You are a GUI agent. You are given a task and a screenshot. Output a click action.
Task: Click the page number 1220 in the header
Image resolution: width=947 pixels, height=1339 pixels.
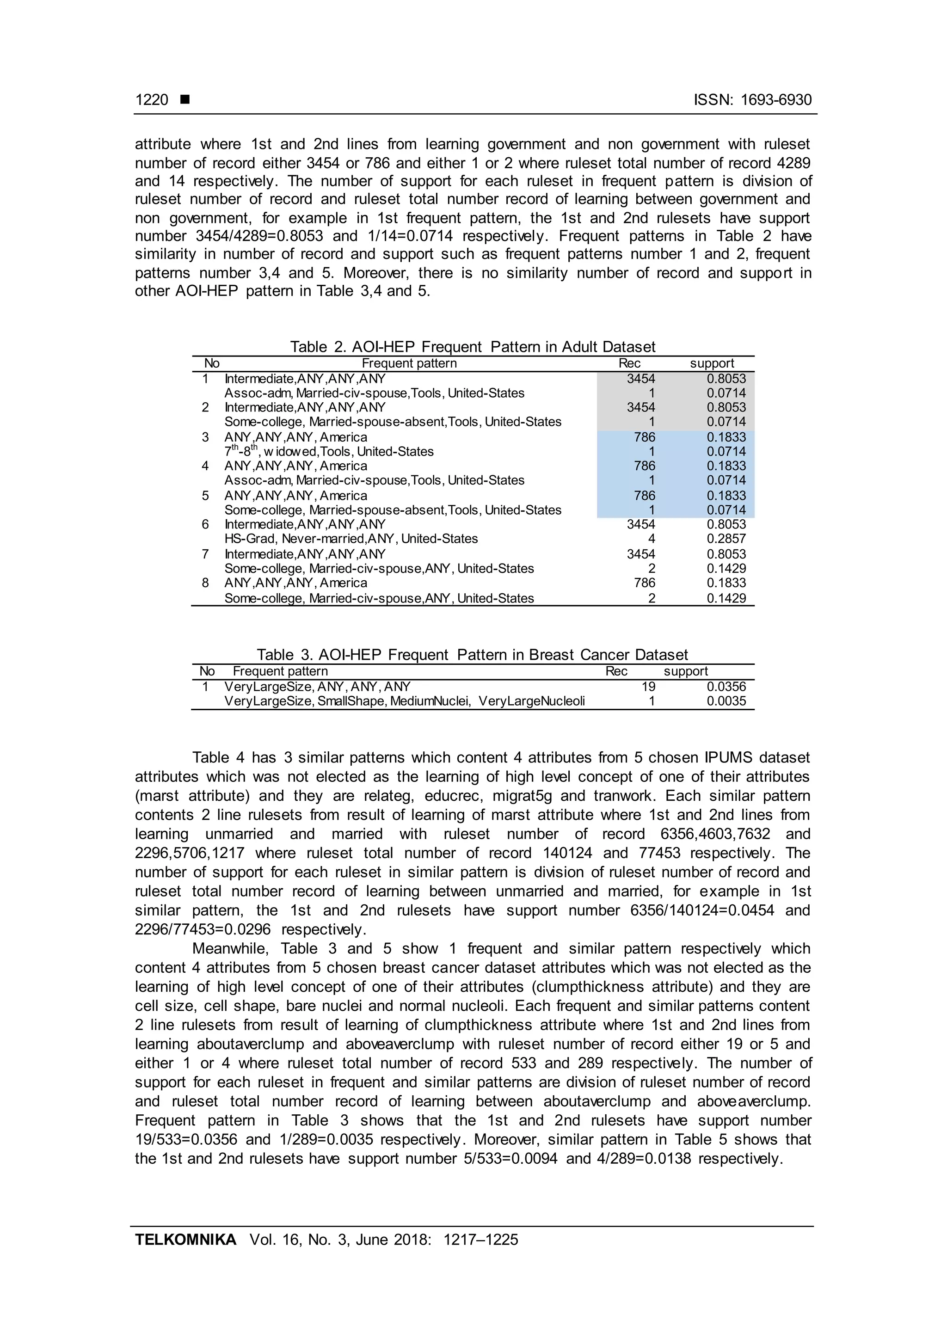152,100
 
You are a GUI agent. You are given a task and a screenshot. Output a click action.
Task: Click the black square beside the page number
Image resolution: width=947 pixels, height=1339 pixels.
185,100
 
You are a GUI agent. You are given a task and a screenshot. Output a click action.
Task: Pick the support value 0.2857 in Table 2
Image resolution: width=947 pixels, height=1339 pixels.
726,539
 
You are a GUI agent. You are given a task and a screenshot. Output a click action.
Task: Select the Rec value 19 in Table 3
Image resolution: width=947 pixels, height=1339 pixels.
648,687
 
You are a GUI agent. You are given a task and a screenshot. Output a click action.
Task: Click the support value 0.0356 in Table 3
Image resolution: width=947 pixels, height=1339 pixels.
726,687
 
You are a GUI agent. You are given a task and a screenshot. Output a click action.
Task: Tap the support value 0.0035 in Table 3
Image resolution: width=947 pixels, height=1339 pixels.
726,701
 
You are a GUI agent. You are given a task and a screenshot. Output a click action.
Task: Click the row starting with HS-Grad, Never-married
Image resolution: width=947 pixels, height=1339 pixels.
351,539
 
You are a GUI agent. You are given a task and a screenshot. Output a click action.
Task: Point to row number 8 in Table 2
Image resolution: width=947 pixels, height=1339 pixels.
205,583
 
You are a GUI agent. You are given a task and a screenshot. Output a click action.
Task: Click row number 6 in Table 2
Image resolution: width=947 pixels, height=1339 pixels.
205,524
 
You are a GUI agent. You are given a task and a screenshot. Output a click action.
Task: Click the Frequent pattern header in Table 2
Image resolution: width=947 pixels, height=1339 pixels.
409,363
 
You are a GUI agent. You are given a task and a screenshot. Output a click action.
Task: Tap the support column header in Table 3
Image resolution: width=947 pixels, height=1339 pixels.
685,671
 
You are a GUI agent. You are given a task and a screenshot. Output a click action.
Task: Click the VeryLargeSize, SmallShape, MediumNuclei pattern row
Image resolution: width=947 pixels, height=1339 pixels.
404,701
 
